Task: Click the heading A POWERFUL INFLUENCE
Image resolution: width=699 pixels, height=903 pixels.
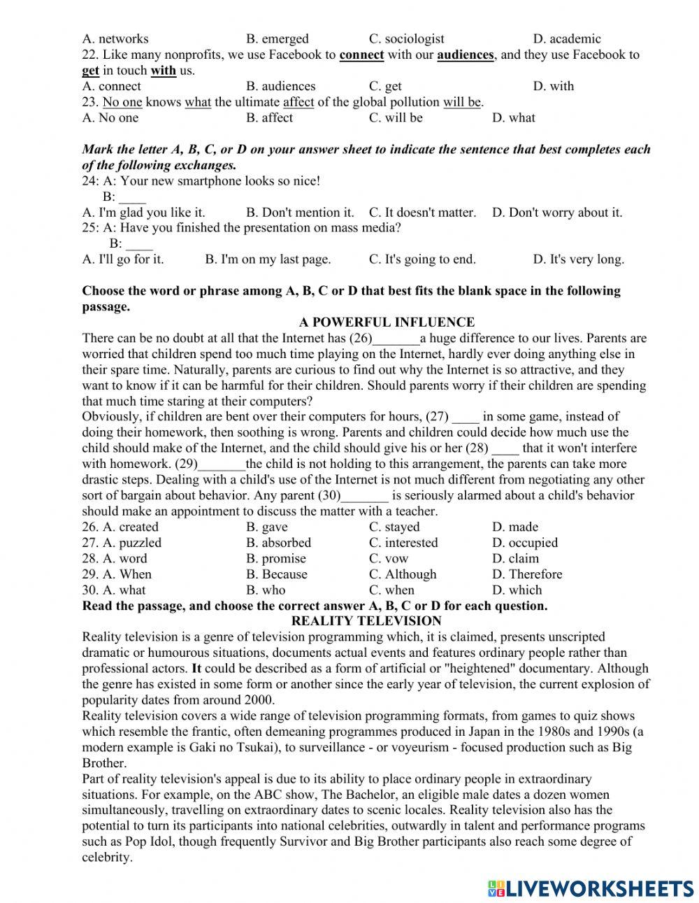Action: pos(387,322)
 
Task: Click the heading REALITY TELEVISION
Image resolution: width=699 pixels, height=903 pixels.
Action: pos(366,621)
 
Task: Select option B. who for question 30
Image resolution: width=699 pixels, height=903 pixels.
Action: pos(266,590)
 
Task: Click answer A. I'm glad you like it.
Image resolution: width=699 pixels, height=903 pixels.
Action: pos(143,213)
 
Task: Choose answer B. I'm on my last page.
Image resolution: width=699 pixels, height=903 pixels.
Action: pos(268,259)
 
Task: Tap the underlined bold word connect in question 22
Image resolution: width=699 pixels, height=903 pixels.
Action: pos(361,55)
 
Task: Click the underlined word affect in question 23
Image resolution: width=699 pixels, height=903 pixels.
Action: pos(298,102)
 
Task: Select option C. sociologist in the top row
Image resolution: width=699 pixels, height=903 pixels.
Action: pos(406,39)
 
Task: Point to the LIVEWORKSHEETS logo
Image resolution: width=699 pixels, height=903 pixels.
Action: pos(591,888)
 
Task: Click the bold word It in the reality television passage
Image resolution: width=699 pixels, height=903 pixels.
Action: pos(196,669)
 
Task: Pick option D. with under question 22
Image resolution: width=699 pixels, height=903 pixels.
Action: pos(553,87)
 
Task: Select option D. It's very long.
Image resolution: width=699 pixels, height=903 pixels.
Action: pos(578,259)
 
